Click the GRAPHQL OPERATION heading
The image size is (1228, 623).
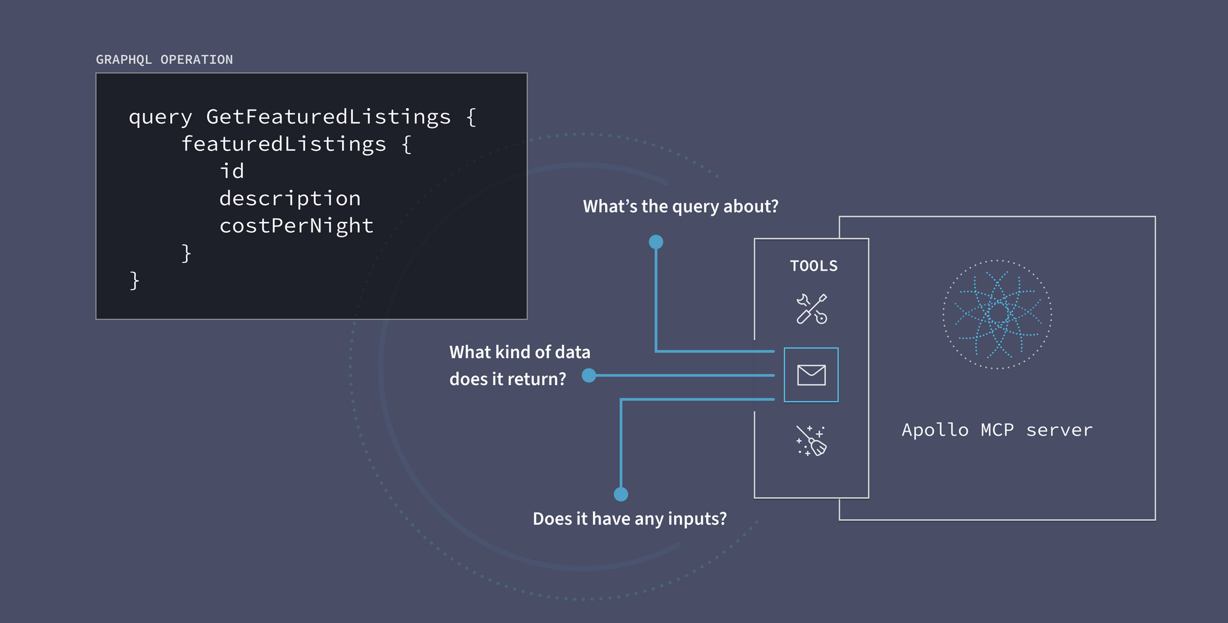pos(164,59)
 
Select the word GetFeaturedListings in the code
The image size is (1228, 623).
pos(328,117)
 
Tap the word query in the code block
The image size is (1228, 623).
pos(160,118)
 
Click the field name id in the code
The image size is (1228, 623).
pos(232,171)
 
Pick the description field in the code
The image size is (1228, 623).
pos(290,199)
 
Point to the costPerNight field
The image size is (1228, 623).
pos(296,226)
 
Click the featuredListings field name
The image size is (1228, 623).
pos(283,145)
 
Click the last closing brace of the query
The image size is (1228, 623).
pos(134,280)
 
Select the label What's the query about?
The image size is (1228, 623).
pos(681,207)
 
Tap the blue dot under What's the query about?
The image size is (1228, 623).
pos(656,242)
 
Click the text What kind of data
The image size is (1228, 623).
pos(519,352)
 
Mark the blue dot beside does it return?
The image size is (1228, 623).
pos(589,375)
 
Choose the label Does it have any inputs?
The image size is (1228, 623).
pos(629,519)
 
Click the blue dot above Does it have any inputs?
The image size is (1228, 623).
pos(621,494)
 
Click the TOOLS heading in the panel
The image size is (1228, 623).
pos(814,266)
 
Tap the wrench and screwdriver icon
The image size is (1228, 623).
pos(812,309)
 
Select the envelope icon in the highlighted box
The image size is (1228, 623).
pos(811,375)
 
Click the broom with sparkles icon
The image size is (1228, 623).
pos(811,441)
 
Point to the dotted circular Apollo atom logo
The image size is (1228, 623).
pos(997,314)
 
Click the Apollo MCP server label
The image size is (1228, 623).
pos(996,430)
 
